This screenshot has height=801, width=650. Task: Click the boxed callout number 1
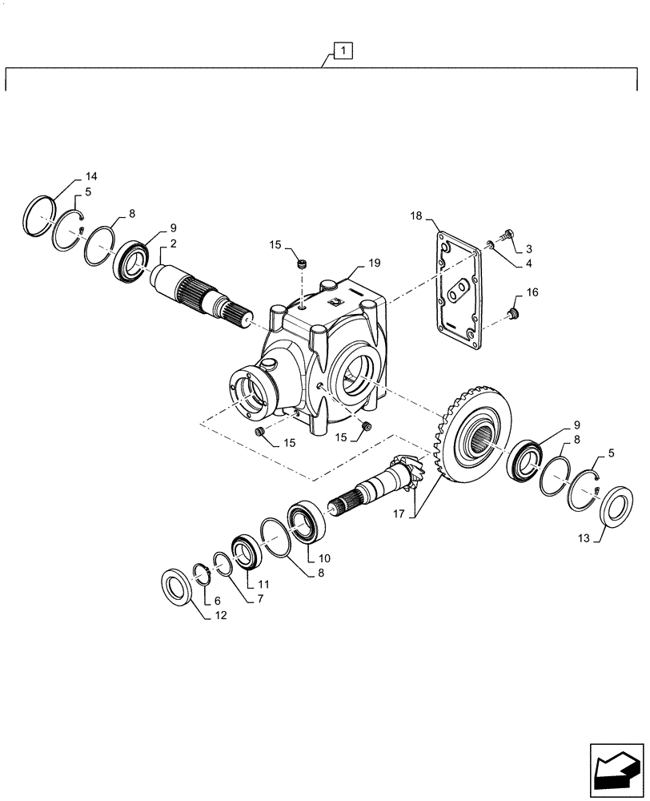coord(342,52)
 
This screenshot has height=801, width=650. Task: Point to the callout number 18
coord(417,216)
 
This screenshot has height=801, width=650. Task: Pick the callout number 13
coord(585,540)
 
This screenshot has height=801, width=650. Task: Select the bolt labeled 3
coord(506,235)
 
